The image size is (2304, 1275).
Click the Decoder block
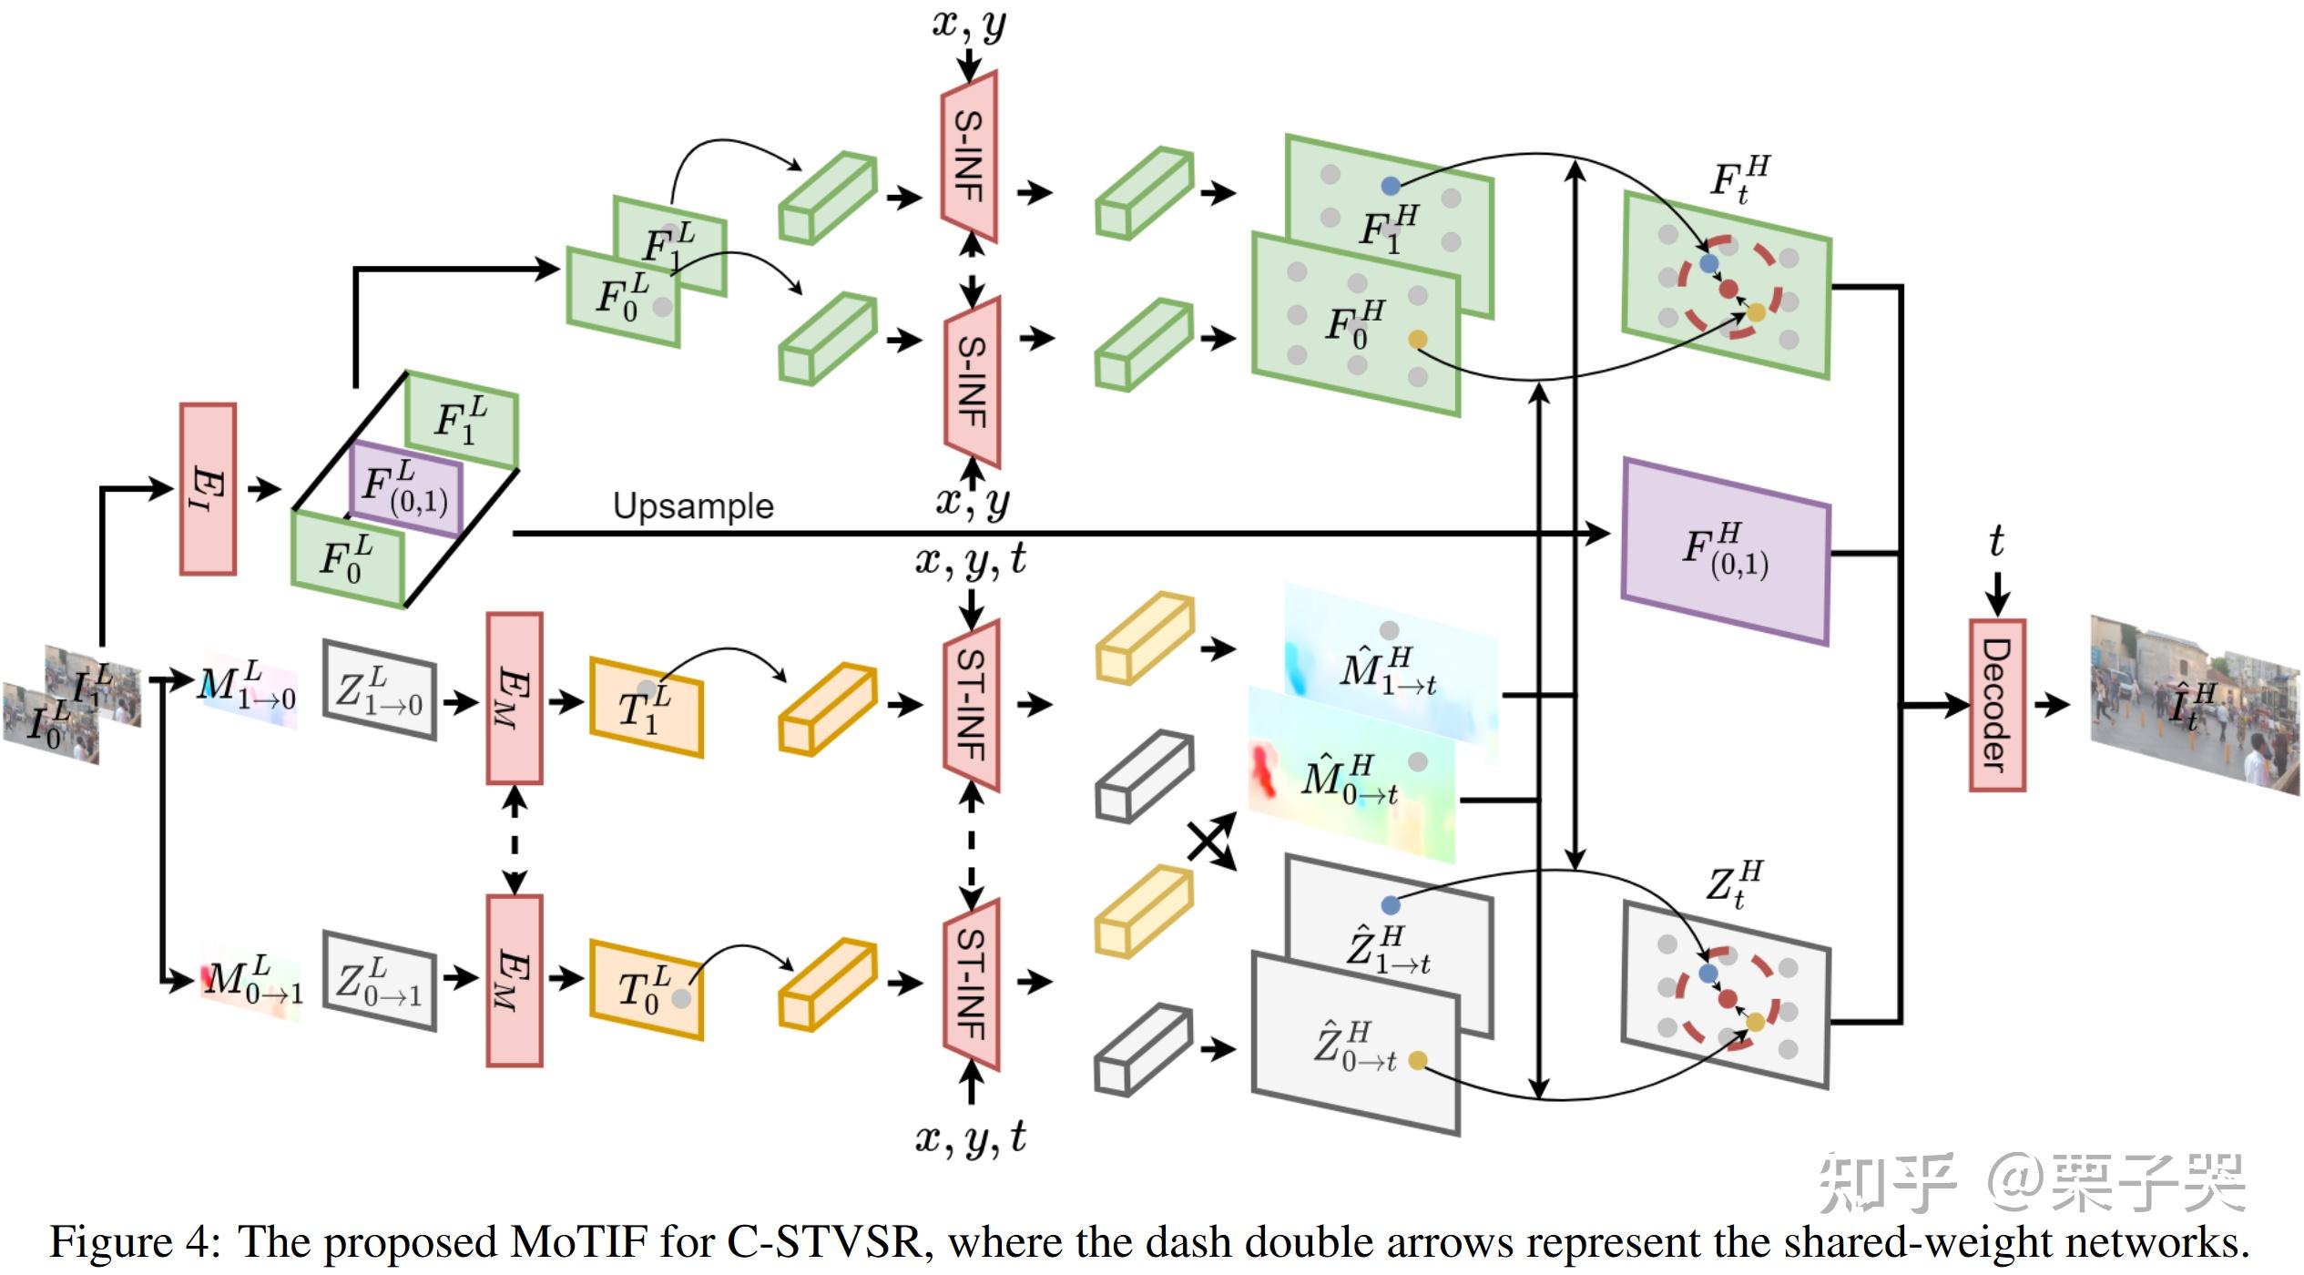[1996, 705]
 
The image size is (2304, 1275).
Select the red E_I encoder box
[208, 489]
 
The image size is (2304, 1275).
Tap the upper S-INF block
[969, 157]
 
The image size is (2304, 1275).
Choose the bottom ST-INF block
[972, 984]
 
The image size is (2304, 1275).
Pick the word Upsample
[693, 505]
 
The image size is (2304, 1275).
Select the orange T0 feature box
[647, 989]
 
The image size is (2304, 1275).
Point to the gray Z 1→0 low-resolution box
[380, 690]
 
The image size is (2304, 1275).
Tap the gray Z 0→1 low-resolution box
[380, 981]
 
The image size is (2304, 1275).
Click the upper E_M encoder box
[515, 698]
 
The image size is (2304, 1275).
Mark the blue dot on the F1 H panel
[1390, 186]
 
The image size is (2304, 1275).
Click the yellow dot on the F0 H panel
[1417, 340]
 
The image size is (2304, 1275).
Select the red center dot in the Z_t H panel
[1728, 999]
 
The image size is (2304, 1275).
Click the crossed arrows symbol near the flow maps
[1211, 841]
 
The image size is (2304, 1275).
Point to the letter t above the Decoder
[1996, 542]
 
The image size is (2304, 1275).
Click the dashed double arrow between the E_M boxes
[515, 840]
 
